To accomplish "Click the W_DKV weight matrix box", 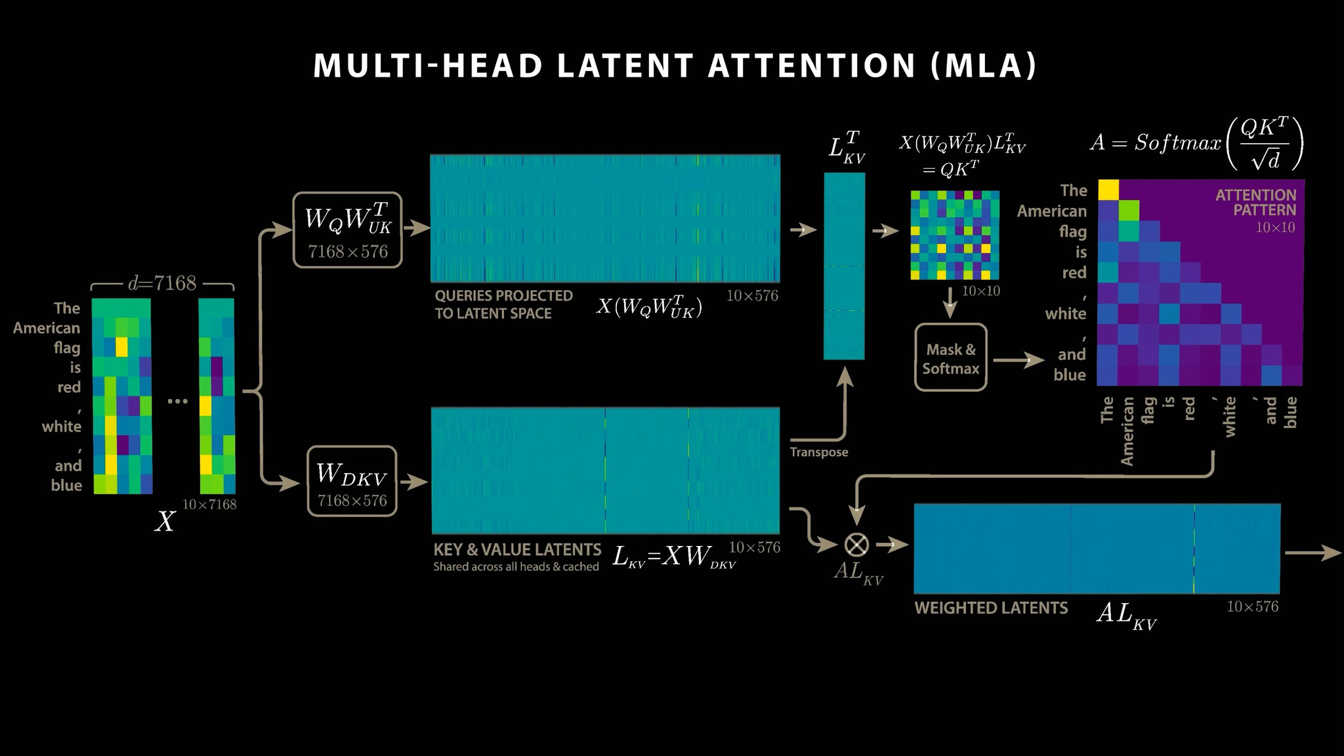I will pos(352,481).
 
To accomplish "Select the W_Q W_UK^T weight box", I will pos(347,230).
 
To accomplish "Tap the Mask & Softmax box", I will pos(950,358).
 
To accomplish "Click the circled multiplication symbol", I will pos(856,544).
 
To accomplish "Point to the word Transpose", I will pos(818,452).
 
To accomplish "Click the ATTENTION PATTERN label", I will pos(1255,203).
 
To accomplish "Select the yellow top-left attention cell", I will pos(1108,190).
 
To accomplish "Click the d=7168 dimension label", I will pos(162,283).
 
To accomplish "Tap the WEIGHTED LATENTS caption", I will pos(991,608).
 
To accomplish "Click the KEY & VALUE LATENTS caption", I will pos(517,549).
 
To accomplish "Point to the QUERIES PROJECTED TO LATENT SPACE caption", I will pos(503,304).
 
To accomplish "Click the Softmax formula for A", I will pos(1196,143).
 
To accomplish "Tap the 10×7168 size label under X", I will pos(209,504).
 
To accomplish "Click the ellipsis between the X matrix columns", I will pos(177,400).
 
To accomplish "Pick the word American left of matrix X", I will pos(47,328).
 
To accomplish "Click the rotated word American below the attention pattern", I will pos(1127,430).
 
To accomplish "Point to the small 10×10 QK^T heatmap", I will pos(955,235).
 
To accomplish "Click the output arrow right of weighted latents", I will pos(1312,553).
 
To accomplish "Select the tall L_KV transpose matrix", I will pos(844,266).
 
